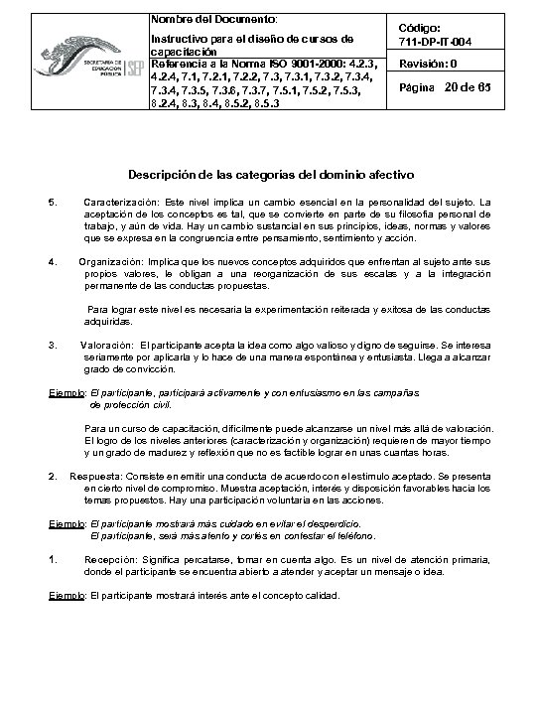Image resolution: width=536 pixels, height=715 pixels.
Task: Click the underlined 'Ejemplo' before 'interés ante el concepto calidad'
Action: (x=67, y=597)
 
